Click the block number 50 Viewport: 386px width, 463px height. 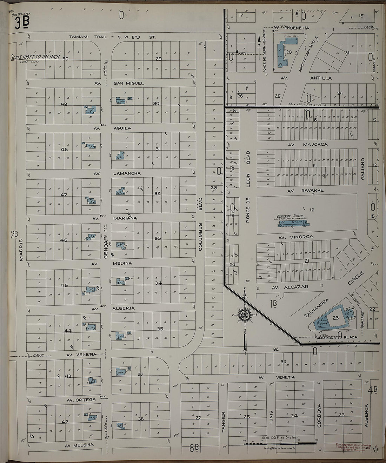click(x=65, y=59)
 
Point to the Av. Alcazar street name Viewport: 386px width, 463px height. click(x=291, y=287)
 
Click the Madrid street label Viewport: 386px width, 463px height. click(x=21, y=250)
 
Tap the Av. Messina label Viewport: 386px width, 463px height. click(x=79, y=445)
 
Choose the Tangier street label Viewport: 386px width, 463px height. click(x=223, y=419)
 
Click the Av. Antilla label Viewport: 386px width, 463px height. click(x=314, y=78)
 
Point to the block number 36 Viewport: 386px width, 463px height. click(x=283, y=362)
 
